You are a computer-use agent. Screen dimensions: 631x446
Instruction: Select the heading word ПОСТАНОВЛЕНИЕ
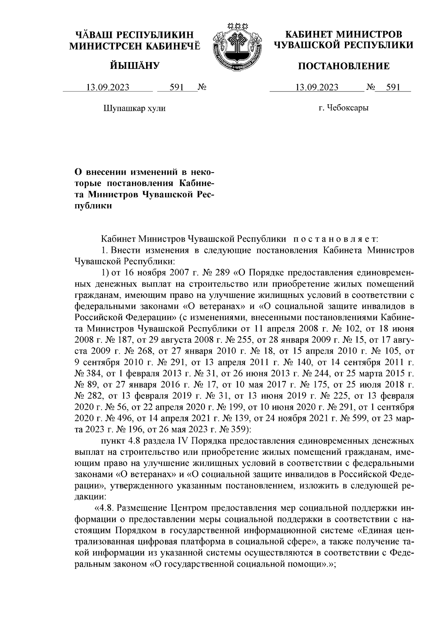click(344, 66)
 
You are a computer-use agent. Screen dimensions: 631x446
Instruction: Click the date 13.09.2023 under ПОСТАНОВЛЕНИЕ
click(317, 88)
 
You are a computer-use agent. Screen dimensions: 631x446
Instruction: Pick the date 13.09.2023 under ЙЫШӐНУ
click(108, 88)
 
